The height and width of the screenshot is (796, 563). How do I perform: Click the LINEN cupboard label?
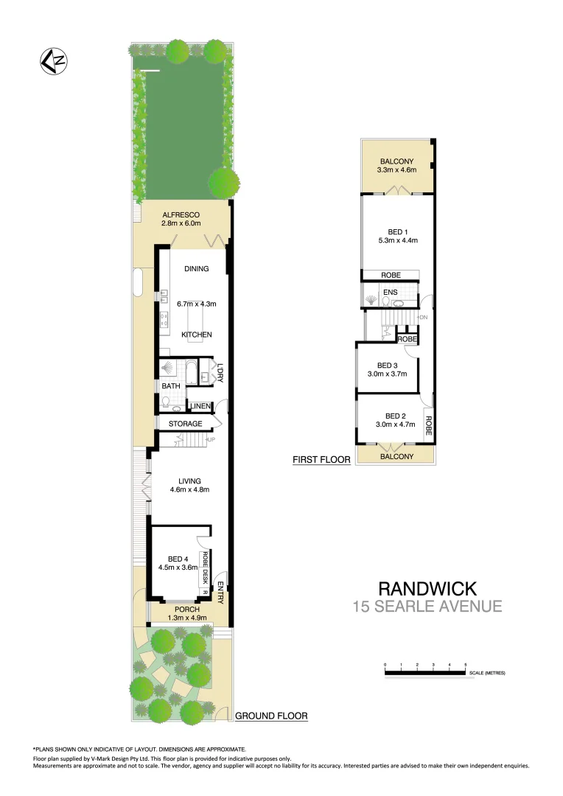(200, 406)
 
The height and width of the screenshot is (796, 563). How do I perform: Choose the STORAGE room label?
(185, 424)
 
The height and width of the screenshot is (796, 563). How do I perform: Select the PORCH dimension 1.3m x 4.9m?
(186, 618)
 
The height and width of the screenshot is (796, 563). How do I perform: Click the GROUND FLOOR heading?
(270, 716)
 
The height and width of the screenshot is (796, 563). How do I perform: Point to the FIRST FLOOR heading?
(321, 460)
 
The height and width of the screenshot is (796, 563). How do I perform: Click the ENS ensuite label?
(390, 293)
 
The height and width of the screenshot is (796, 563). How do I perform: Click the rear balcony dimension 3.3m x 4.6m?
(397, 170)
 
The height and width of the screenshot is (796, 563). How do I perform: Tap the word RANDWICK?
(427, 589)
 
